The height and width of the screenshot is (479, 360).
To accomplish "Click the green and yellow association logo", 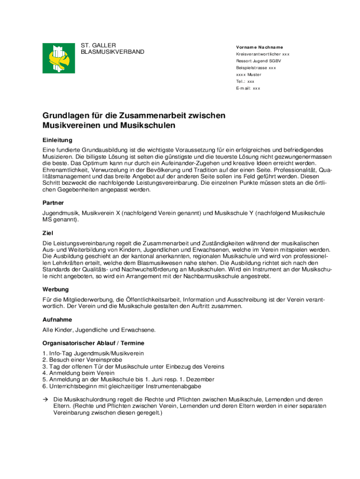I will click(x=58, y=58).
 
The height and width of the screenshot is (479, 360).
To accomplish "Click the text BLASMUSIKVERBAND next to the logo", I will click(x=113, y=52).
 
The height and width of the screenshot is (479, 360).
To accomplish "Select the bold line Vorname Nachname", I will click(x=259, y=48).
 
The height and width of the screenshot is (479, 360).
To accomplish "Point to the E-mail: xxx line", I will click(x=248, y=88).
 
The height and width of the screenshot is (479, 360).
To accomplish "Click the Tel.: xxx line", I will click(x=245, y=81).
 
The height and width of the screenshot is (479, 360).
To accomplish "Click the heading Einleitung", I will click(x=57, y=140).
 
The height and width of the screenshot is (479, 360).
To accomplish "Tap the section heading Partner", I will click(x=53, y=203).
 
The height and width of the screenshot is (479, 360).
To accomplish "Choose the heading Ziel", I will click(x=48, y=232).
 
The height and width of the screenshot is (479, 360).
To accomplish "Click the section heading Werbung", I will click(x=56, y=289).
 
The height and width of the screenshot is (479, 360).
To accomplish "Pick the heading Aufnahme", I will click(x=57, y=319).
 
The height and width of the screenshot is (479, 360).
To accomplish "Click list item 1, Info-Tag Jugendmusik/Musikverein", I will click(x=93, y=353).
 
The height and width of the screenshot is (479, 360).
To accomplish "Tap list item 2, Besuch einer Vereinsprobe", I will click(x=82, y=360).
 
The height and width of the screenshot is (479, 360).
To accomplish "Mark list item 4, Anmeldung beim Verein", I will click(x=78, y=373).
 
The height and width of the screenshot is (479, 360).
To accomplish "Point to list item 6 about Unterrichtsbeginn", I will click(x=122, y=386).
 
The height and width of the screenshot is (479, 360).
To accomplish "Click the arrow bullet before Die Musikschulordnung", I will click(x=45, y=399).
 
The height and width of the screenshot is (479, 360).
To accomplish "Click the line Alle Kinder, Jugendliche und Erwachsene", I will click(x=99, y=330).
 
